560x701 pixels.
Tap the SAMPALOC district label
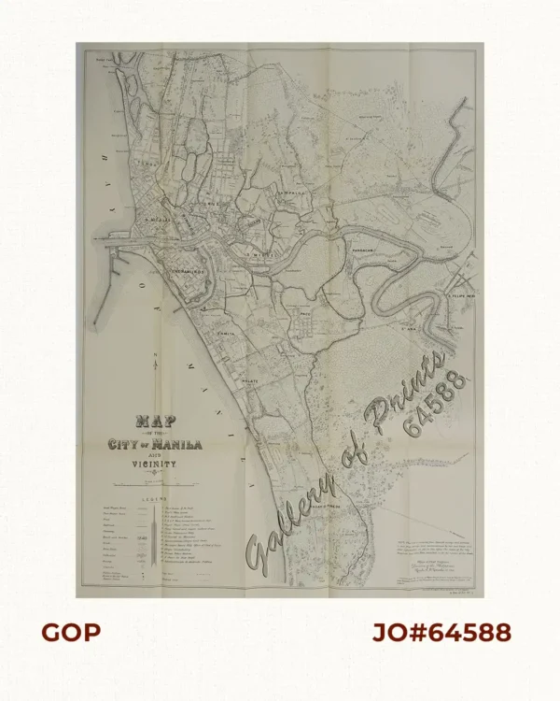tap(291, 193)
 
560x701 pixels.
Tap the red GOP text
tap(70, 632)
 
